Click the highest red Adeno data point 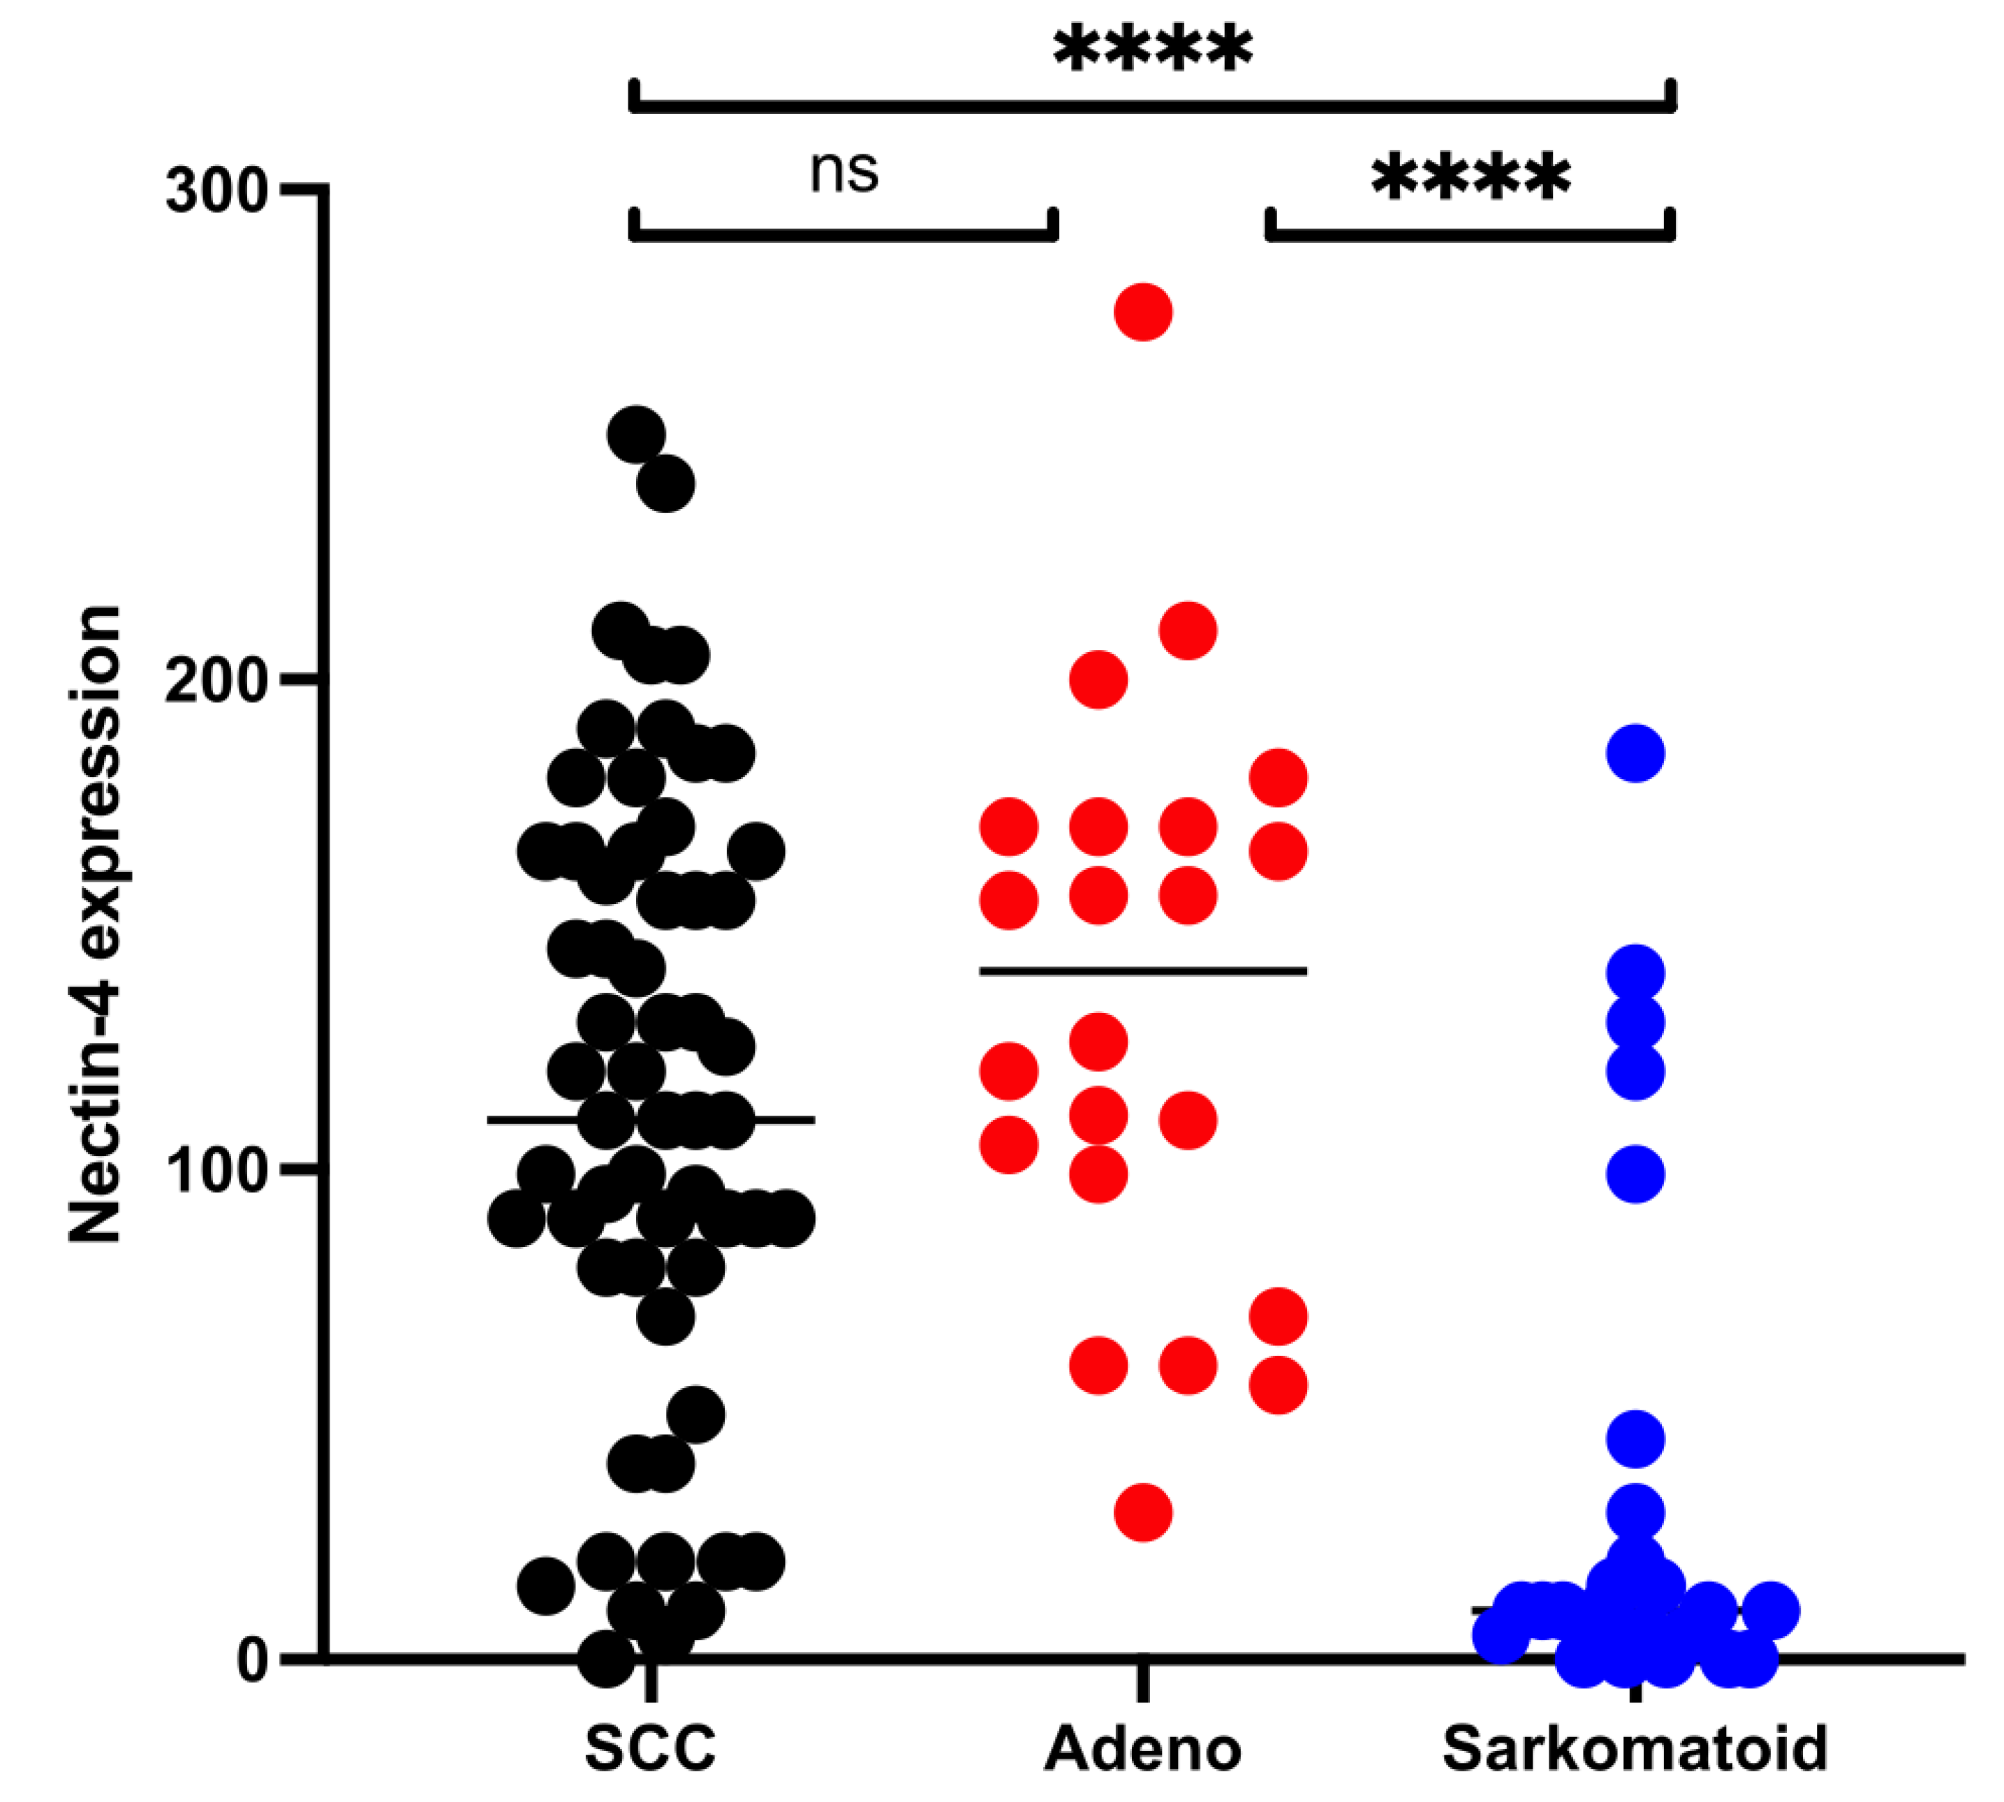pos(1142,312)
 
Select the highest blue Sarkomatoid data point pos(1635,753)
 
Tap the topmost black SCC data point pos(635,435)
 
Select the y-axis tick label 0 pos(253,1660)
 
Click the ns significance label pos(843,171)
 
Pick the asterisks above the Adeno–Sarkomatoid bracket pos(1471,178)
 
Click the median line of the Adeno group pos(1142,971)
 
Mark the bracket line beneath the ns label pos(843,235)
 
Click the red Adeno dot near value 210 pos(1187,630)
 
